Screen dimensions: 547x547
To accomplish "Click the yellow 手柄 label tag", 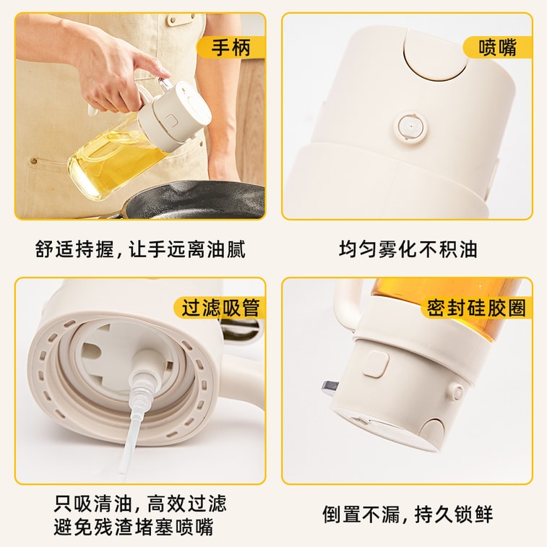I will [x=231, y=48].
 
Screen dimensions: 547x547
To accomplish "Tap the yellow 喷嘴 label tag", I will [x=497, y=48].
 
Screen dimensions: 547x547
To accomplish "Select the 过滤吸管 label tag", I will [x=220, y=308].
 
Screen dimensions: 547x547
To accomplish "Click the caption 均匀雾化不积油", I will [x=408, y=249].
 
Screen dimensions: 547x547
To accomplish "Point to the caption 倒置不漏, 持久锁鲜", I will [x=408, y=514].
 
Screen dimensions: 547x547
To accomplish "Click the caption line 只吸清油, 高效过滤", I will [x=140, y=503].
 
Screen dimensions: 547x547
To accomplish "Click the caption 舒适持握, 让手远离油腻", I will [x=140, y=249].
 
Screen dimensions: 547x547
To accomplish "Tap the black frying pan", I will [x=195, y=199].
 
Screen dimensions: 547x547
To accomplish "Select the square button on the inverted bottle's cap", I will [x=373, y=363].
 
